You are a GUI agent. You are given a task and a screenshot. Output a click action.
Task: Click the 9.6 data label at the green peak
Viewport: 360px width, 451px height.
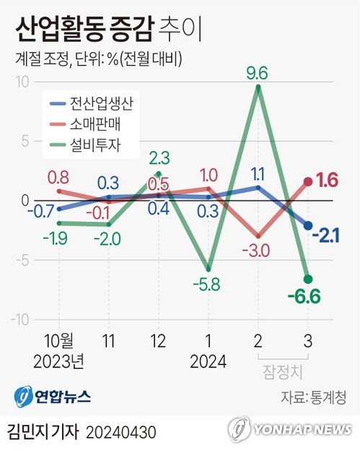[258, 72]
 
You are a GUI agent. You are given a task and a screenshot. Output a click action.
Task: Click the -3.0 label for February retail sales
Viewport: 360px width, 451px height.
[258, 250]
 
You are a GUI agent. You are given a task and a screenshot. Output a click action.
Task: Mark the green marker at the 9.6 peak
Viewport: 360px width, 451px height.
[258, 88]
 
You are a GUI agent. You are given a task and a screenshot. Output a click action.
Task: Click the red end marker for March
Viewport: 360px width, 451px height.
[308, 182]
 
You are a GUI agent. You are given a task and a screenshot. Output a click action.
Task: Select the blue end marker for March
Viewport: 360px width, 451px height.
[308, 225]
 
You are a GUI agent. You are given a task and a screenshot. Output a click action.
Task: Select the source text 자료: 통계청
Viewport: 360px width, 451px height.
[312, 397]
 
